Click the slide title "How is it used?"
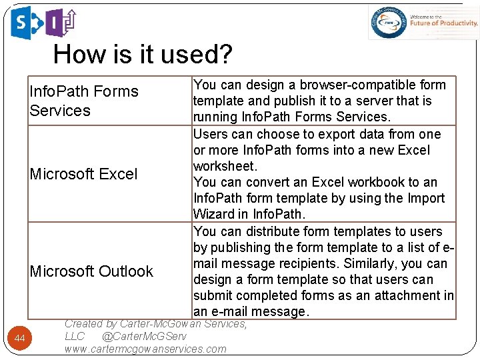point(143,54)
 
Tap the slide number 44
point(20,339)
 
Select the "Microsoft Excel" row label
point(83,174)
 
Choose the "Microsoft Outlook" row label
point(91,271)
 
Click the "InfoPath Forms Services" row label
point(83,101)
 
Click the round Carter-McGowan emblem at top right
point(389,23)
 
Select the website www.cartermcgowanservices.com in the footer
point(145,349)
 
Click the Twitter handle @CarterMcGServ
point(145,337)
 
